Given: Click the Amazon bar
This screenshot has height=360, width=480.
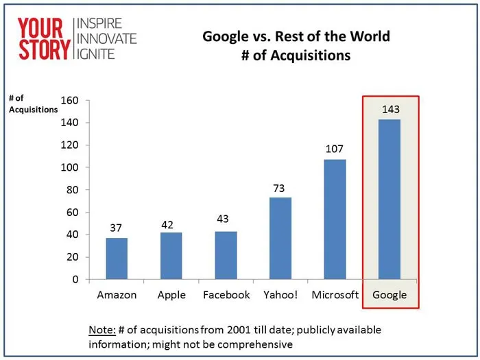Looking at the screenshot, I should [117, 259].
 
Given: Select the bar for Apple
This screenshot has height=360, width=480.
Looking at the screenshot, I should [171, 256].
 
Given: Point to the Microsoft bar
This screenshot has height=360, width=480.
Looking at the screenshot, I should [335, 219].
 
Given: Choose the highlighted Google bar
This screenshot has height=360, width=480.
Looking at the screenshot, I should [389, 199].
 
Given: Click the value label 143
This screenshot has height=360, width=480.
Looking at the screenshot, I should [389, 109].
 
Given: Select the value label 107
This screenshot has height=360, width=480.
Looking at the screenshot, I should [335, 149].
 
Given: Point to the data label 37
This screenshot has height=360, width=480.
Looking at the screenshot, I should [117, 228].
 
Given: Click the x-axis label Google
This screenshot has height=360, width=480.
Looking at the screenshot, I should [389, 295].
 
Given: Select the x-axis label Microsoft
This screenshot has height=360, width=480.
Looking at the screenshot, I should [335, 295].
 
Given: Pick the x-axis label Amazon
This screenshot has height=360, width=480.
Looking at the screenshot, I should [117, 295].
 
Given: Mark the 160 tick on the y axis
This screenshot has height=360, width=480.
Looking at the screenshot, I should [71, 101].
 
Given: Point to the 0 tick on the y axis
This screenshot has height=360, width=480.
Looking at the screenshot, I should [76, 280].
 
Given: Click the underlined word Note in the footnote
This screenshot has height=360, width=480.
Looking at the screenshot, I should [101, 330].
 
